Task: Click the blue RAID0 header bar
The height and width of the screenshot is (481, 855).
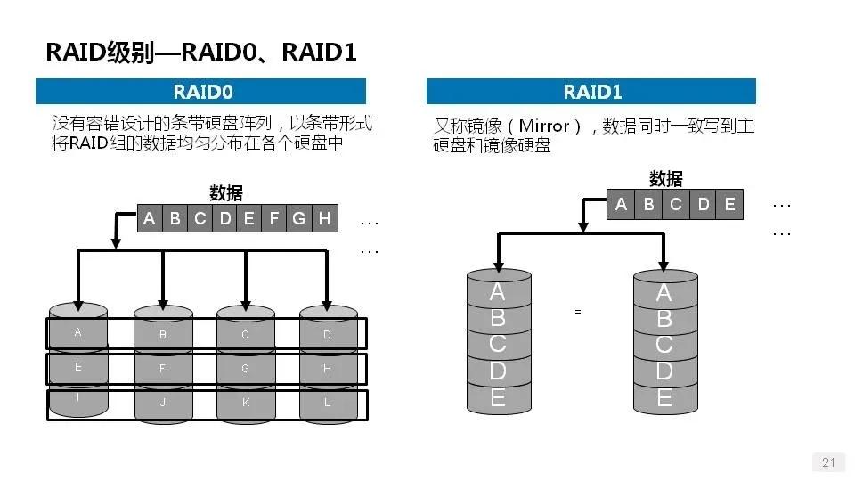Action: [x=200, y=91]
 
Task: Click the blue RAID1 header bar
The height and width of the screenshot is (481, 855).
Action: [x=591, y=92]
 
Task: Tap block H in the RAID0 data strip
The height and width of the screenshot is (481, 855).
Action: [x=324, y=218]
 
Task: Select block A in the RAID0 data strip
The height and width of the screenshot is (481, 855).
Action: [x=150, y=218]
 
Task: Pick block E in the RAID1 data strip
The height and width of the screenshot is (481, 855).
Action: [x=729, y=205]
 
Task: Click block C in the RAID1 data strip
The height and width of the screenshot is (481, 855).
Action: [x=676, y=205]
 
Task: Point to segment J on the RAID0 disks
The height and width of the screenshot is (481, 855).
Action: [x=162, y=402]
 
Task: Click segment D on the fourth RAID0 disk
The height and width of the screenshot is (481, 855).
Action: [x=327, y=335]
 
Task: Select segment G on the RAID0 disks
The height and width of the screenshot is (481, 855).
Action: [x=245, y=367]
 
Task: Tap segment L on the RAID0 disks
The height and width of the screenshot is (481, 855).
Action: [x=327, y=402]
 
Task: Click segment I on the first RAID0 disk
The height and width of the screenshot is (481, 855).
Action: [x=77, y=397]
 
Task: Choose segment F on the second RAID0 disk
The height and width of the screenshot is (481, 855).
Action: [x=162, y=367]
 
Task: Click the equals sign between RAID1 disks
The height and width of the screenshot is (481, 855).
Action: [x=577, y=312]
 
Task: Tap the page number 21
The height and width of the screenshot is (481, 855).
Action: [x=828, y=461]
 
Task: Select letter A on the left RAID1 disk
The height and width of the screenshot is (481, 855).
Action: [x=498, y=292]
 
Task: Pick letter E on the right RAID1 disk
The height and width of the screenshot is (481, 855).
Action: [x=664, y=397]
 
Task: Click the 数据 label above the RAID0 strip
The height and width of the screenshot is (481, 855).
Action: [x=225, y=193]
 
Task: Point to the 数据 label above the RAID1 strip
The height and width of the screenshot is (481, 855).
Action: [x=666, y=178]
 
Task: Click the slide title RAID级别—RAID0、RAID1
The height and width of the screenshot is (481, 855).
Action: [x=201, y=52]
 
